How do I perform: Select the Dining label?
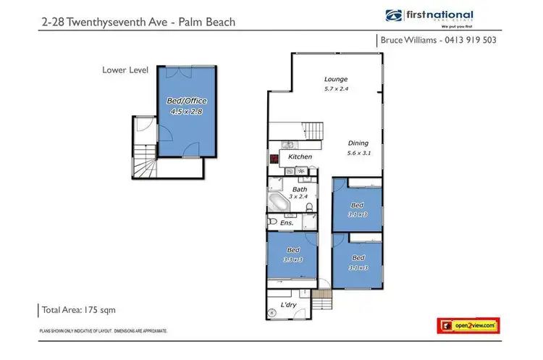click(x=358, y=142)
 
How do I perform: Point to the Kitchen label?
click(x=300, y=156)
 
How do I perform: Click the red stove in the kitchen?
click(x=274, y=157)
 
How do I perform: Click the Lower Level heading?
click(x=125, y=70)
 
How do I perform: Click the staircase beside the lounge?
click(x=314, y=131)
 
